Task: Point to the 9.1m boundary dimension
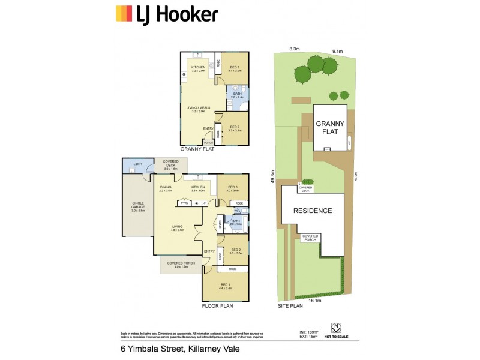336,52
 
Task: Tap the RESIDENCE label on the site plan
312,211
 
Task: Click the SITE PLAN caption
291,305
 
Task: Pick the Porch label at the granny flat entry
209,143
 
